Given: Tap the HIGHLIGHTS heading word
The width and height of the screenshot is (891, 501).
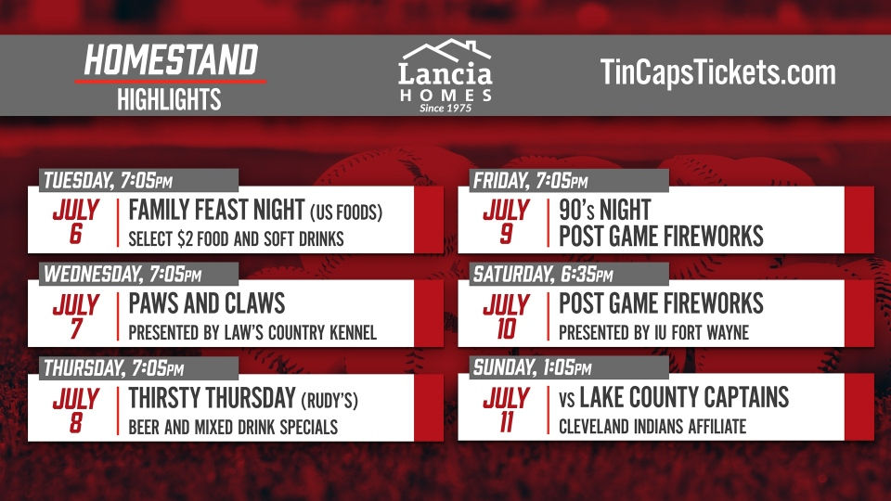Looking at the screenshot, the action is (x=169, y=99).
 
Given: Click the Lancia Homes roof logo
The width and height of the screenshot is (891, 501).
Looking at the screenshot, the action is (x=446, y=50).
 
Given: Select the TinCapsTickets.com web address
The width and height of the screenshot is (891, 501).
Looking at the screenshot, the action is (x=717, y=72).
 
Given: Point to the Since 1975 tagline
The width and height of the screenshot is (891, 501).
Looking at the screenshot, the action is (x=445, y=108).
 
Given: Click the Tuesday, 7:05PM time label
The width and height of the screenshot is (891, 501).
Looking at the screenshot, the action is (x=108, y=181).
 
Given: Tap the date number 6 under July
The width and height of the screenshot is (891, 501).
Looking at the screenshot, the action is (x=75, y=234).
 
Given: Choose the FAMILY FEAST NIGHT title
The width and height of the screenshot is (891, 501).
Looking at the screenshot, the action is (x=216, y=210).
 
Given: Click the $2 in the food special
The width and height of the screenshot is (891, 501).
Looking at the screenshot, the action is (x=186, y=239).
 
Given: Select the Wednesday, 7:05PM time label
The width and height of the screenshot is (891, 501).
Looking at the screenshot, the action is (x=123, y=275).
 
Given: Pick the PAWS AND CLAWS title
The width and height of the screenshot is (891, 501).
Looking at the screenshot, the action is (x=207, y=303).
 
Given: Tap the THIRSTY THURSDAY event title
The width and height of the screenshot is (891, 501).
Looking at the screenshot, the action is (x=212, y=398).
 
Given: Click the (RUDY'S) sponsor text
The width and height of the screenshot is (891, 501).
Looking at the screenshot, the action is (x=329, y=400).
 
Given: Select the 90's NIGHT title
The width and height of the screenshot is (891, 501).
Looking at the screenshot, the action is (x=604, y=211).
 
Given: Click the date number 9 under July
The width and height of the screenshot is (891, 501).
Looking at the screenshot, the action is (x=506, y=234).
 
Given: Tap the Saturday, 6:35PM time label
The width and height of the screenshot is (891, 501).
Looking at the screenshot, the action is (x=543, y=275).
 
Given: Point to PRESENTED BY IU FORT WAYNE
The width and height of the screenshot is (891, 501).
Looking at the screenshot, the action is (x=654, y=332).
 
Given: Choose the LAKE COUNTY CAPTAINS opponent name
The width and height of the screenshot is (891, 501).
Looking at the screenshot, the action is (x=684, y=398).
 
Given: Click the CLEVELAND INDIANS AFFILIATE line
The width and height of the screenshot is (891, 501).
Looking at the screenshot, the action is (x=652, y=426).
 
